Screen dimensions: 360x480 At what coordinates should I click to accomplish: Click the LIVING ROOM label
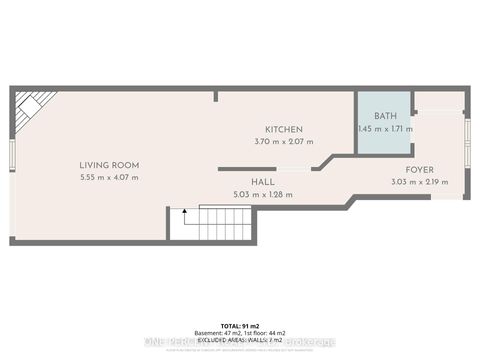coord(110,165)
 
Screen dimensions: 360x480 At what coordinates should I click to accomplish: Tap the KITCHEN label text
coord(284,130)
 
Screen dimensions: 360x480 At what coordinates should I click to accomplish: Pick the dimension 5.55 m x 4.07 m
coord(110,178)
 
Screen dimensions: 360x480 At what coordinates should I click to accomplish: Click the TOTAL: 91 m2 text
coord(240,326)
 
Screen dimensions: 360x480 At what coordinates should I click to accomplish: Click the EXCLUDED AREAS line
coord(240,340)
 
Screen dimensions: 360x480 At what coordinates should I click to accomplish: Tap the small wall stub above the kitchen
coord(216,96)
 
